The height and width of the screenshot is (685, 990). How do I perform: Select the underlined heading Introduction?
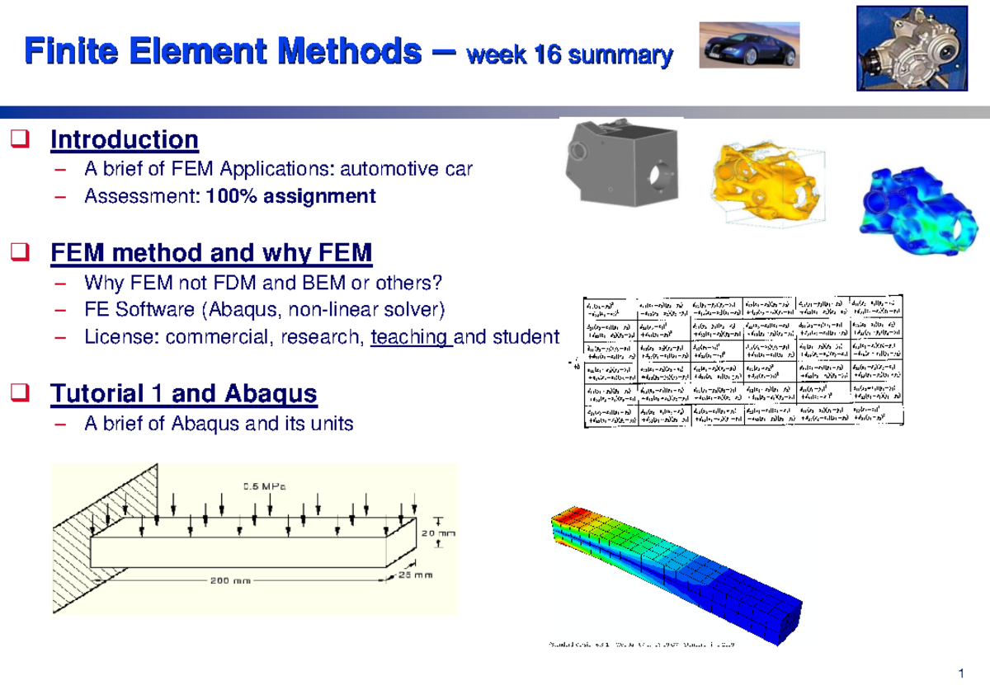pos(124,140)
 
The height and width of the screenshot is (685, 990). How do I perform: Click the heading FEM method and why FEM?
pos(211,253)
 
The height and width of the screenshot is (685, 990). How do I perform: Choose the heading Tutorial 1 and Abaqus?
pos(183,394)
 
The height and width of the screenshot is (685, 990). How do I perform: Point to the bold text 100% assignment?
pos(291,196)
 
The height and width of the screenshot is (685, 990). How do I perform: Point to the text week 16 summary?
pos(569,56)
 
